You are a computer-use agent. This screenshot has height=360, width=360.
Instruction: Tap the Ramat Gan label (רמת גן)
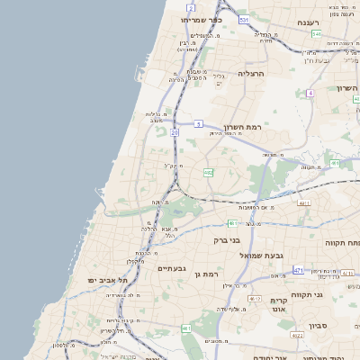pyautogui.click(x=206, y=273)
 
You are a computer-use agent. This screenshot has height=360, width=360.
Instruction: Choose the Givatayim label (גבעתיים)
pyautogui.click(x=172, y=268)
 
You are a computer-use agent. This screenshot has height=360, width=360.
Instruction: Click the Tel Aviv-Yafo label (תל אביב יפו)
pyautogui.click(x=104, y=280)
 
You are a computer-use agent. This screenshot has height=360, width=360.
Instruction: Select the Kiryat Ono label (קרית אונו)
pyautogui.click(x=278, y=305)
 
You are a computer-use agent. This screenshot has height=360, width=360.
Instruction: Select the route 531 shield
pyautogui.click(x=245, y=18)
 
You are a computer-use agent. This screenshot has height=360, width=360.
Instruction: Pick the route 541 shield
pyautogui.click(x=316, y=34)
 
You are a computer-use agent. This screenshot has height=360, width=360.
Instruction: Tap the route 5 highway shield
pyautogui.click(x=198, y=124)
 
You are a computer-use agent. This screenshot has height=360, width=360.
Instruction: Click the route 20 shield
pyautogui.click(x=175, y=132)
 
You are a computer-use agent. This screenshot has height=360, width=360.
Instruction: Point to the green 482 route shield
pyautogui.click(x=208, y=172)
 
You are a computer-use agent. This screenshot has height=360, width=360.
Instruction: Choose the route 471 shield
pyautogui.click(x=298, y=269)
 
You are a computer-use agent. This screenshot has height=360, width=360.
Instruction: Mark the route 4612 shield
pyautogui.click(x=255, y=299)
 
